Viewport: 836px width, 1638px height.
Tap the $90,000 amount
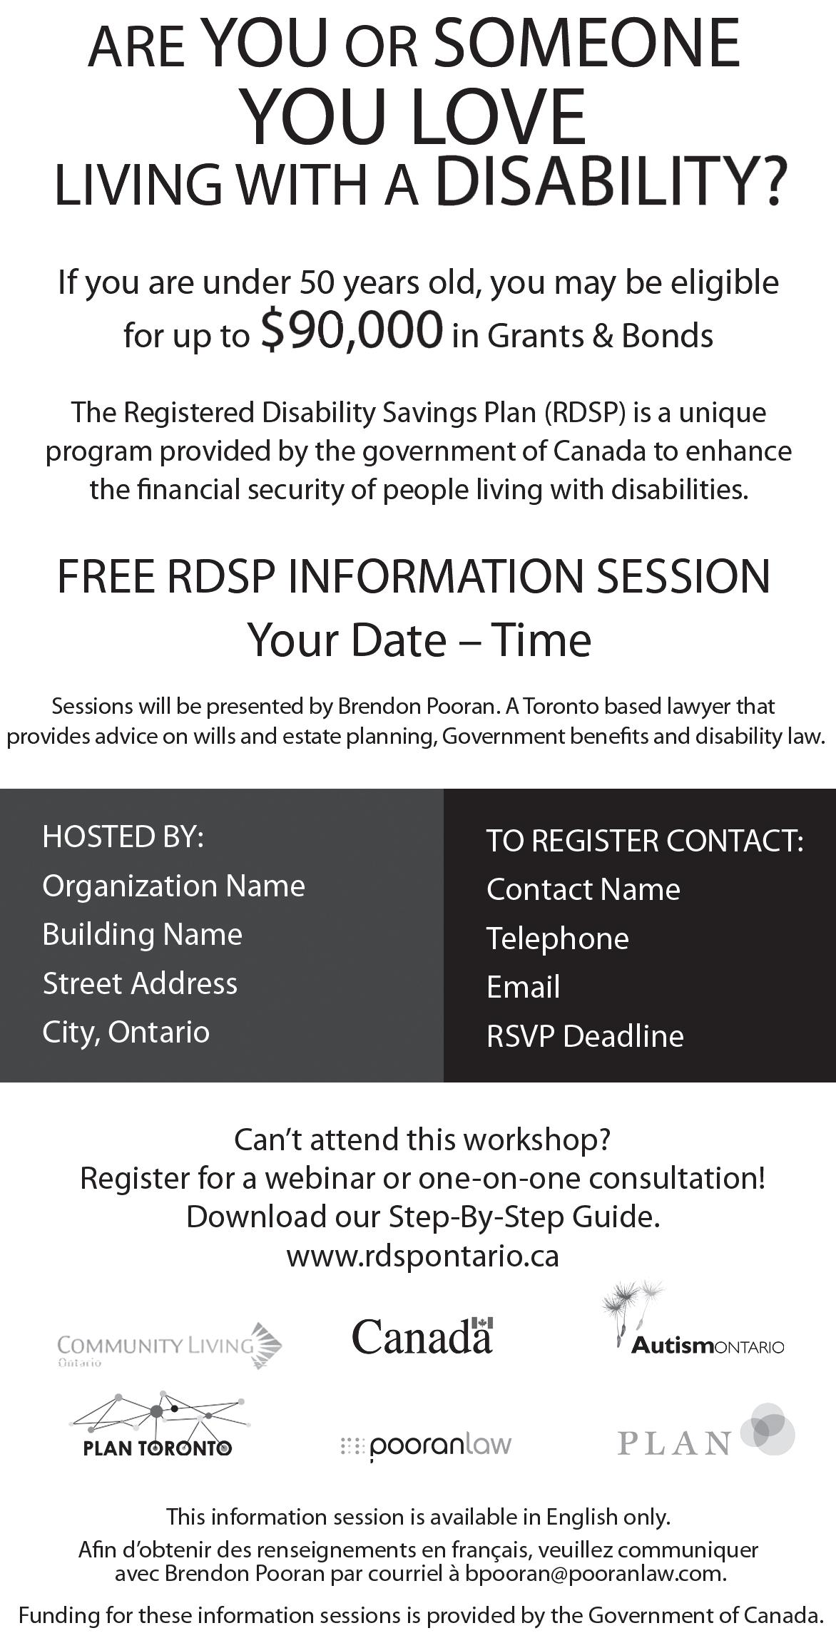pyautogui.click(x=352, y=329)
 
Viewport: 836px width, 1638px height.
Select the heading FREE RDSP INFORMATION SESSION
pyautogui.click(x=414, y=576)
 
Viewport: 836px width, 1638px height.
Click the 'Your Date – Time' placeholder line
pyautogui.click(x=419, y=640)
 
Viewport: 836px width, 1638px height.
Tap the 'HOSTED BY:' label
pyautogui.click(x=123, y=836)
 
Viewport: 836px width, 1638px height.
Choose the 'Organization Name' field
pyautogui.click(x=173, y=886)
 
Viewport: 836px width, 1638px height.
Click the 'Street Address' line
pyautogui.click(x=140, y=983)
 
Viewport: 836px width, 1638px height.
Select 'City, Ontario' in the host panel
pyautogui.click(x=126, y=1032)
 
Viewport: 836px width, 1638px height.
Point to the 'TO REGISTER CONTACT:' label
pyautogui.click(x=645, y=841)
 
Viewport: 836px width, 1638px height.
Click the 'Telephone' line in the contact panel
pyautogui.click(x=557, y=938)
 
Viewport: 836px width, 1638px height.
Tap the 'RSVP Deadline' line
pyautogui.click(x=585, y=1036)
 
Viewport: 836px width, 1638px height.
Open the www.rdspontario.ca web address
pyautogui.click(x=422, y=1256)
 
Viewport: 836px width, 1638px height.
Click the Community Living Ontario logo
pyautogui.click(x=169, y=1346)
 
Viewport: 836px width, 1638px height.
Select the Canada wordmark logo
pyautogui.click(x=422, y=1336)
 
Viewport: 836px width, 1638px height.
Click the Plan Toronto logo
pyautogui.click(x=158, y=1425)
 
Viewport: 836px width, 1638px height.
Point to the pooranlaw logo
pyautogui.click(x=427, y=1445)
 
